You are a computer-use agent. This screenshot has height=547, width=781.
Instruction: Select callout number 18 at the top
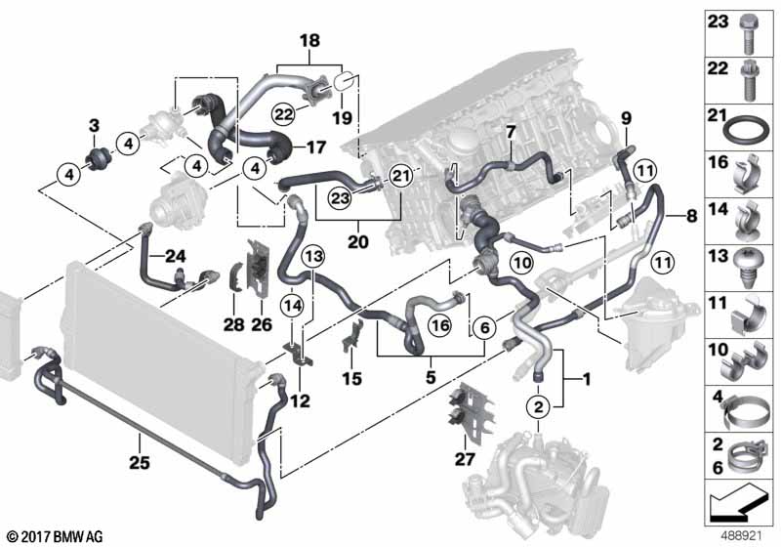coord(309,41)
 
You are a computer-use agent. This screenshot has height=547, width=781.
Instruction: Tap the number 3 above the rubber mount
coord(95,124)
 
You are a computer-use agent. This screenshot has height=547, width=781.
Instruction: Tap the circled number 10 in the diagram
coord(520,262)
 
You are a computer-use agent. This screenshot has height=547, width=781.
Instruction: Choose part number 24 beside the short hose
coord(174,256)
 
